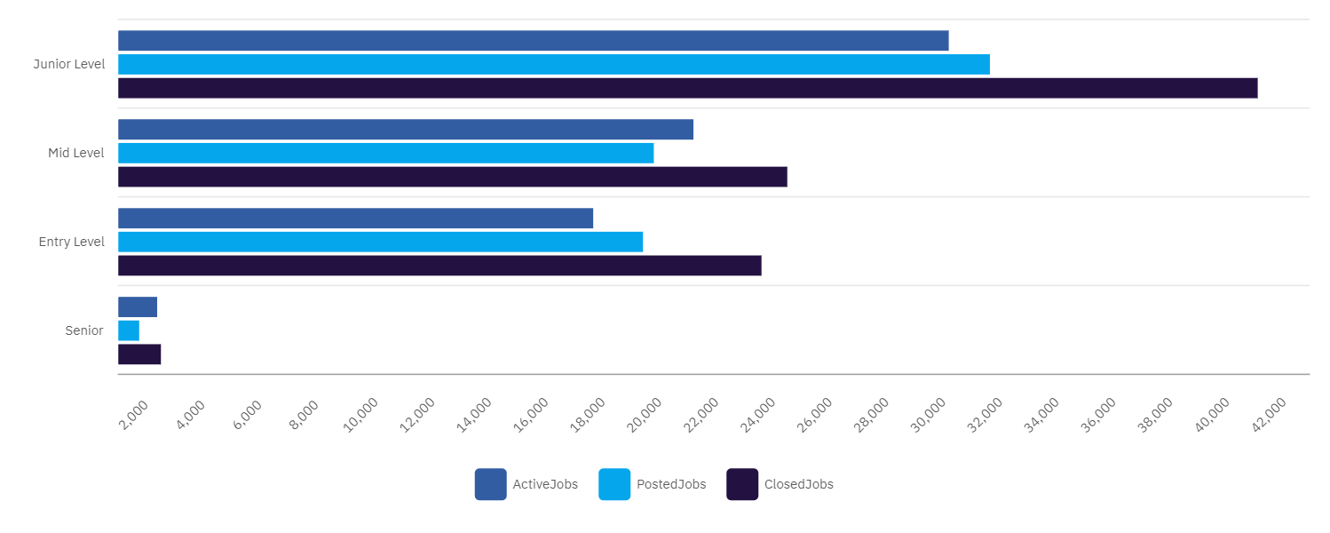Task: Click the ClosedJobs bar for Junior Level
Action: tap(687, 88)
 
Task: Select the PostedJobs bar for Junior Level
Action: tap(553, 64)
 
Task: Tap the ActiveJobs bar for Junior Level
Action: tap(533, 41)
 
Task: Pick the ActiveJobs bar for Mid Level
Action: tap(405, 130)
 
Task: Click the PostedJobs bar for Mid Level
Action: tap(385, 153)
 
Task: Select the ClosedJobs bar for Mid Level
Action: tap(452, 177)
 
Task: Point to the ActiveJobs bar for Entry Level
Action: tap(355, 219)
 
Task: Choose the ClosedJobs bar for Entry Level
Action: tap(439, 266)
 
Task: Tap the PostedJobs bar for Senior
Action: tap(129, 330)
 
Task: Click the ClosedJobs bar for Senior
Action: tap(139, 354)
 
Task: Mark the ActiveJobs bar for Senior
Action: tap(138, 307)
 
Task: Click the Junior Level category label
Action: tap(69, 64)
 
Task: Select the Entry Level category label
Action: tap(72, 242)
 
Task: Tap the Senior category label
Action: tap(84, 330)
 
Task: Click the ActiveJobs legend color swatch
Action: tap(490, 484)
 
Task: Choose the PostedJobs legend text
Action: tap(671, 484)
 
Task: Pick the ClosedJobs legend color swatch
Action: tap(742, 484)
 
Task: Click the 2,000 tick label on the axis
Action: tap(133, 416)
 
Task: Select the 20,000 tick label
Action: tap(644, 416)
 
